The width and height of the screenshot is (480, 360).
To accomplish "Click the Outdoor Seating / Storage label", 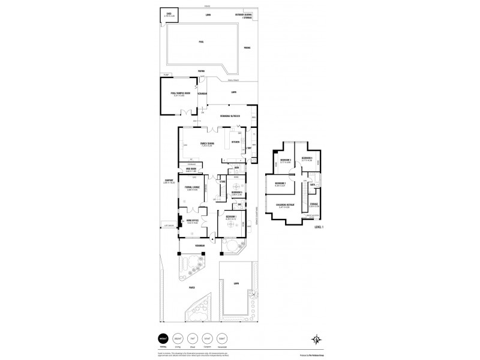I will [245, 15].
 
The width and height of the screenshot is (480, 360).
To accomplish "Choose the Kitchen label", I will [235, 142].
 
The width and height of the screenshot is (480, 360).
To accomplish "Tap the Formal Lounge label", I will [192, 188].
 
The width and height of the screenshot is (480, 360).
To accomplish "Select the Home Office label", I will [192, 221].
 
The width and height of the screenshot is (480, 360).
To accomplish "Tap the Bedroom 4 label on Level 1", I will [307, 158].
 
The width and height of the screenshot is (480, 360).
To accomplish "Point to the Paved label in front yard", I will [192, 287].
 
